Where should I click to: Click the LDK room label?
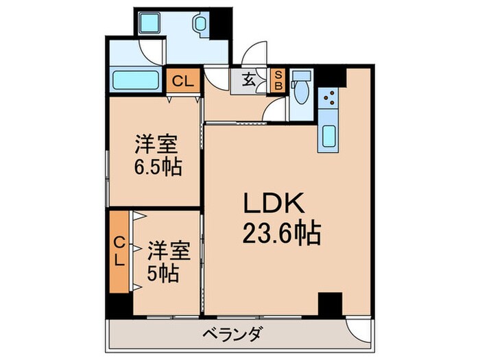pos(274,203)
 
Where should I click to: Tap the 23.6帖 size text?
pos(282,232)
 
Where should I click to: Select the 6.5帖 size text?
pos(158,167)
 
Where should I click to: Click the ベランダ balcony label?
pos(232,334)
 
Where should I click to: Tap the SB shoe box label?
pos(278,80)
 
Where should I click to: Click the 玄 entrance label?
pos(248,80)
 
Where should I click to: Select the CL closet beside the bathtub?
pos(183,80)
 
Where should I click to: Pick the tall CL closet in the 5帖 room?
pos(119,252)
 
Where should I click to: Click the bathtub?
pos(136,80)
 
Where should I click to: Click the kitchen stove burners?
pos(328,97)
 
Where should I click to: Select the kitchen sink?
pos(329,136)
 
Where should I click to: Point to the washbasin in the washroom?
pos(200,23)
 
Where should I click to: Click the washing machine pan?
pos(149,23)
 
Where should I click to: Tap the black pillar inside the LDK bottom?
pos(330,304)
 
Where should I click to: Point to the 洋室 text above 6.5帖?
pos(156,145)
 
